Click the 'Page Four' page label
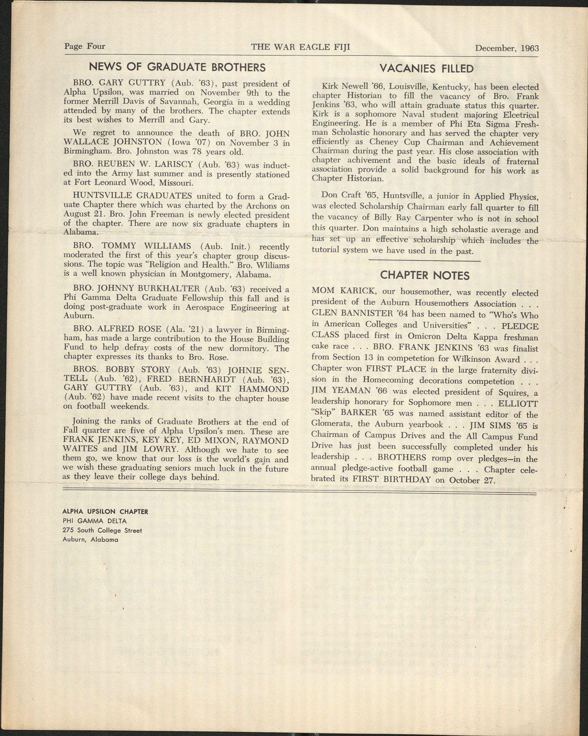click(85, 46)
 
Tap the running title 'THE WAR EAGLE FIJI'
click(300, 47)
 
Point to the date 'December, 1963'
click(506, 48)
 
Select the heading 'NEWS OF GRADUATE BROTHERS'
click(177, 67)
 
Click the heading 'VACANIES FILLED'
click(426, 69)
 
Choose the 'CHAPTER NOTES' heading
click(425, 275)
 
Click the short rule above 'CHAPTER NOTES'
click(424, 261)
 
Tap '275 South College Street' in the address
click(102, 530)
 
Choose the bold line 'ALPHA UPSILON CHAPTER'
click(105, 512)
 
